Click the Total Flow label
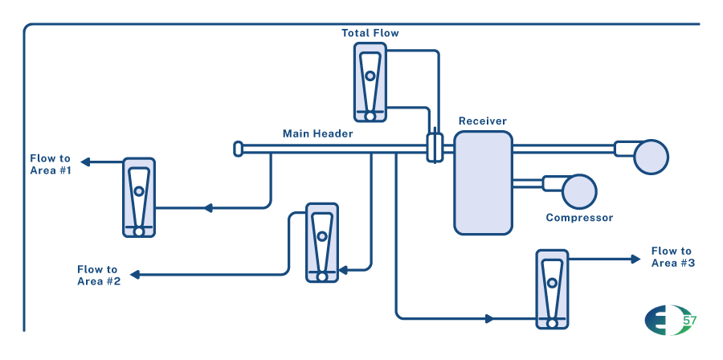[x=370, y=33]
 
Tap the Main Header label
[x=317, y=133]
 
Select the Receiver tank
[x=483, y=183]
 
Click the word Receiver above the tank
[x=482, y=121]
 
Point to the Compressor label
[x=579, y=218]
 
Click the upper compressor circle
[x=651, y=157]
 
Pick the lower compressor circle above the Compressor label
[x=579, y=192]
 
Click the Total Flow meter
[x=370, y=83]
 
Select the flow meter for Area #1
[x=139, y=198]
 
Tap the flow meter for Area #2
[x=322, y=243]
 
